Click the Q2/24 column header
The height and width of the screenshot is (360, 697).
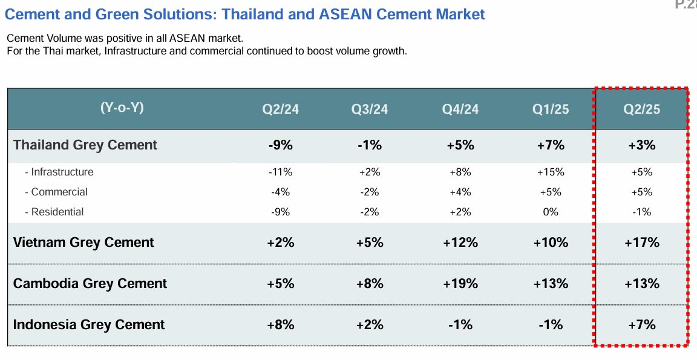(x=280, y=110)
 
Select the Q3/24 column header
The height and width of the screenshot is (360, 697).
(x=370, y=110)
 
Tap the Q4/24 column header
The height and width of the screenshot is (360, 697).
(x=460, y=110)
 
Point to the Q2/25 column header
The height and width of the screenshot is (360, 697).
(x=641, y=110)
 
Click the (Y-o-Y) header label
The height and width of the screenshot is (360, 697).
(x=122, y=108)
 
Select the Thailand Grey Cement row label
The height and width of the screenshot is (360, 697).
(x=85, y=145)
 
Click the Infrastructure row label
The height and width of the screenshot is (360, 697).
(x=62, y=172)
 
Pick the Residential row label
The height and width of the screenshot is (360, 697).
(x=57, y=212)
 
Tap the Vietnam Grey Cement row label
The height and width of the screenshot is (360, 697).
(x=83, y=243)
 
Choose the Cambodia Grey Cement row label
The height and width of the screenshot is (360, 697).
(x=90, y=284)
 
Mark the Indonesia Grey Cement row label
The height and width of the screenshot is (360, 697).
(x=89, y=325)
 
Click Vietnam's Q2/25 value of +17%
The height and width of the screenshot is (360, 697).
(x=641, y=243)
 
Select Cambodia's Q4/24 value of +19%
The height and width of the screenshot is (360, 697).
(x=460, y=284)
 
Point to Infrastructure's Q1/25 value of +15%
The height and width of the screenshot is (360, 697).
(x=551, y=172)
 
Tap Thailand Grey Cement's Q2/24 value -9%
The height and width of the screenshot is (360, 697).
(x=280, y=145)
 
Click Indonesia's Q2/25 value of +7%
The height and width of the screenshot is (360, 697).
(x=641, y=325)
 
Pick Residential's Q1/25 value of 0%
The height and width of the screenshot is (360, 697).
(x=551, y=212)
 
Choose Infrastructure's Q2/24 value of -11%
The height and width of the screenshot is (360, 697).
(x=280, y=172)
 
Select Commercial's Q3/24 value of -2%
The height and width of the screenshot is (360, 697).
(x=370, y=192)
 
